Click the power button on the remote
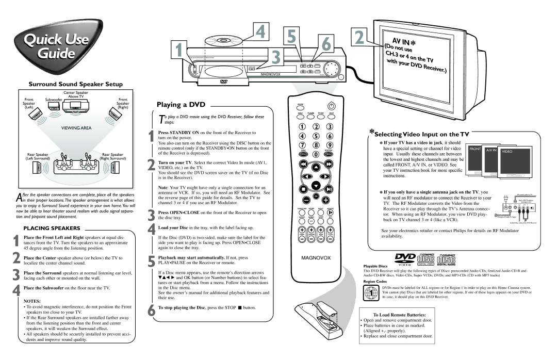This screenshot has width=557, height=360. (331, 106)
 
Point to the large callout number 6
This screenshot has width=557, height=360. (326, 44)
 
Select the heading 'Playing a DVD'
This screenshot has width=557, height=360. (177, 105)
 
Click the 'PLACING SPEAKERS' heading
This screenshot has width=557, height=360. (51, 227)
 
